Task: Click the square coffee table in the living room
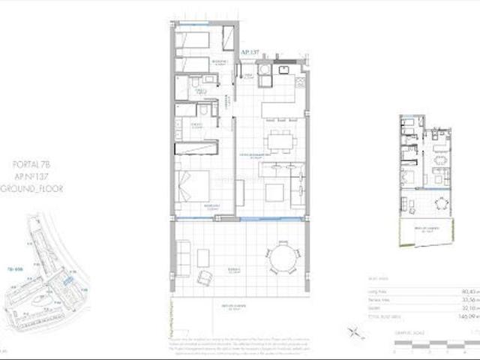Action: [x=273, y=193]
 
